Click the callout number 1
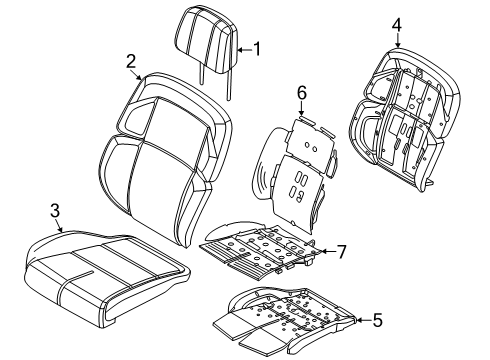pos(255,47)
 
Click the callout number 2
pos(131,61)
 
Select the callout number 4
pos(396,24)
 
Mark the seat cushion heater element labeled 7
pos(260,255)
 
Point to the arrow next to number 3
pos(62,224)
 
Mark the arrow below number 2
pos(137,73)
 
